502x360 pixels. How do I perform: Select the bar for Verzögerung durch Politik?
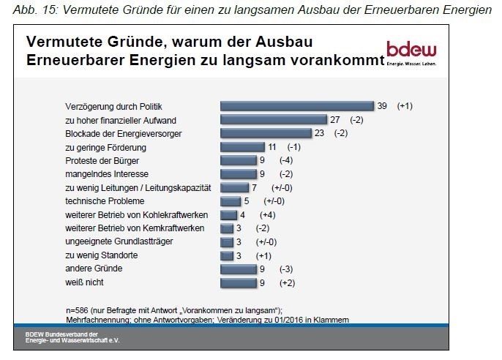pos(296,105)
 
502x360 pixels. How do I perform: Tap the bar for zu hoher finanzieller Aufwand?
pos(274,119)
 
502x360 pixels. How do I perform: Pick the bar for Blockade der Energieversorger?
pos(266,133)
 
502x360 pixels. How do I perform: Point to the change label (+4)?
pos(269,214)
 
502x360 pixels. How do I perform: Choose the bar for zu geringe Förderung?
pos(242,146)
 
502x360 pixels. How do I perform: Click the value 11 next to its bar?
pos(271,146)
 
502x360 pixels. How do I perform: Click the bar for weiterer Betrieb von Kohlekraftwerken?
pos(228,214)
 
